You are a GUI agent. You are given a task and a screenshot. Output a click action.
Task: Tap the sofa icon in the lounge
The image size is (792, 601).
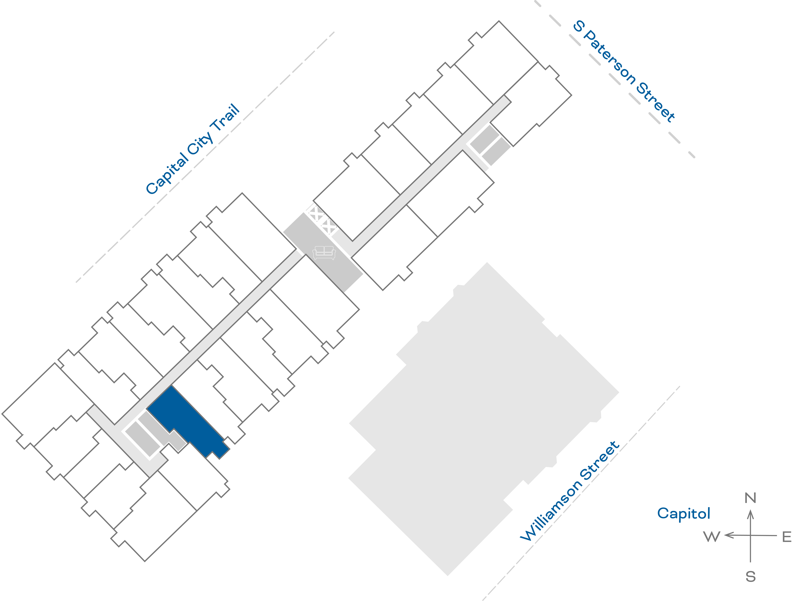tap(324, 253)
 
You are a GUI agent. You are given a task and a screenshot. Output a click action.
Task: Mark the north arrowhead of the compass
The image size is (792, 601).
tap(750, 514)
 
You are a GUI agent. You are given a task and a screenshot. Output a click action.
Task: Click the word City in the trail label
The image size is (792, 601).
tap(200, 143)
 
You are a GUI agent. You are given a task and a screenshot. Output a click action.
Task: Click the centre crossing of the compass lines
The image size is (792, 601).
tap(750, 535)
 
